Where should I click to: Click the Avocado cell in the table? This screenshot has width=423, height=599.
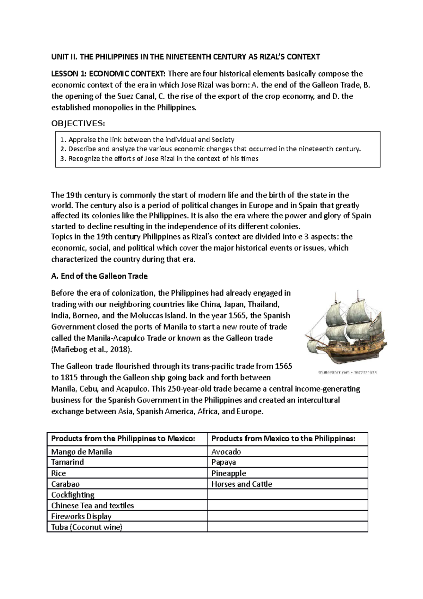(x=226, y=452)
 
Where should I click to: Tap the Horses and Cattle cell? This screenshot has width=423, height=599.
(x=241, y=484)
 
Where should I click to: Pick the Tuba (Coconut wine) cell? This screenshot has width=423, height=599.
(x=86, y=527)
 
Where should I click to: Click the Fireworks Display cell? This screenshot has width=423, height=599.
(x=81, y=516)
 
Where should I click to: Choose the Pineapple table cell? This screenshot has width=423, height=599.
(x=228, y=473)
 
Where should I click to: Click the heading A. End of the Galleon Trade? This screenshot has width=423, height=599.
(x=99, y=276)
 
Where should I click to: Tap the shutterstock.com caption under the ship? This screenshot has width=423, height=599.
(x=347, y=372)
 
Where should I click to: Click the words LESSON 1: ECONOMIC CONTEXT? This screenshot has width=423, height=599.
(x=108, y=74)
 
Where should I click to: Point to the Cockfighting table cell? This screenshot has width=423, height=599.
(x=73, y=495)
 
